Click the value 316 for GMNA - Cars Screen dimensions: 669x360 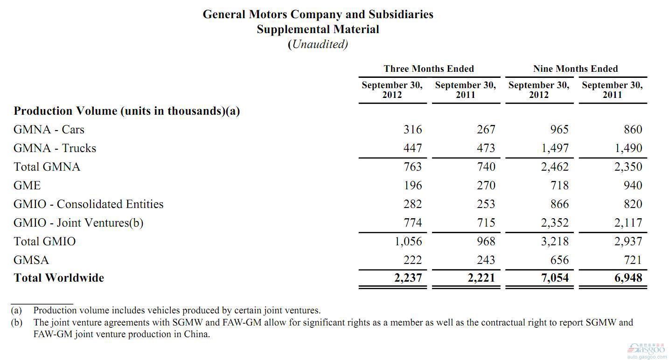(x=413, y=129)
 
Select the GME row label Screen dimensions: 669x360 (x=27, y=186)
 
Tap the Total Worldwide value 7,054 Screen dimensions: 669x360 (x=555, y=278)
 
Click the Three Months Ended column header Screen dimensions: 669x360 (x=429, y=69)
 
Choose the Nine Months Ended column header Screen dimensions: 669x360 (x=576, y=69)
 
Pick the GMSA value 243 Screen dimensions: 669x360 (x=486, y=260)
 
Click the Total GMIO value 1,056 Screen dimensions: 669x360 (x=408, y=241)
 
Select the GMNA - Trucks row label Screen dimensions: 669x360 (x=55, y=148)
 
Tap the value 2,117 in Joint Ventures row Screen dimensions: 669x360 (x=628, y=223)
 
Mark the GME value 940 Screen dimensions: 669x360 (x=633, y=186)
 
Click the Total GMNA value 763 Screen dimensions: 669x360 (x=413, y=166)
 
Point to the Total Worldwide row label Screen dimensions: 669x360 (x=59, y=278)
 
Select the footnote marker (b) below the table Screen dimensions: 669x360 (x=16, y=322)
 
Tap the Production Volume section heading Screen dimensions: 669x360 (x=126, y=111)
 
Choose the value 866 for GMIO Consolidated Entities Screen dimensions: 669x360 (x=559, y=204)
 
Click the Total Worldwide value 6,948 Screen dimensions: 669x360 (x=628, y=278)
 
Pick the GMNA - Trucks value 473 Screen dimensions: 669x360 (x=486, y=148)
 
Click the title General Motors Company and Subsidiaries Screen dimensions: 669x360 (x=318, y=14)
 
